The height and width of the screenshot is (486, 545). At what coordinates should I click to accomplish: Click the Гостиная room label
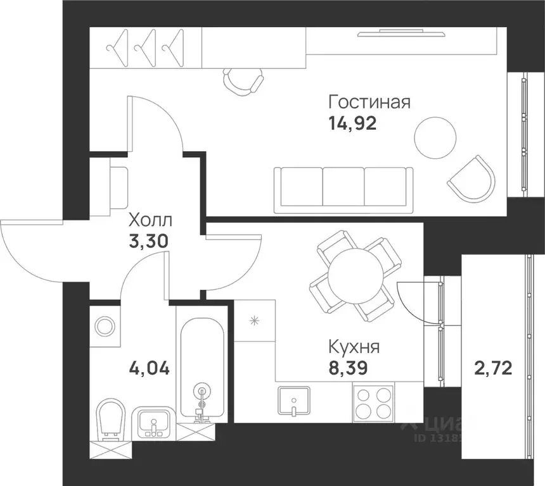click(369, 103)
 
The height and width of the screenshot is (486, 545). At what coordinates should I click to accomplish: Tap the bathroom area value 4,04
click(149, 367)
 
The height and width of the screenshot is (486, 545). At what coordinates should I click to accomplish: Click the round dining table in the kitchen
click(356, 275)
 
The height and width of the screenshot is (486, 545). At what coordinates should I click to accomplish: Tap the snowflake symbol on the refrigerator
click(254, 321)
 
